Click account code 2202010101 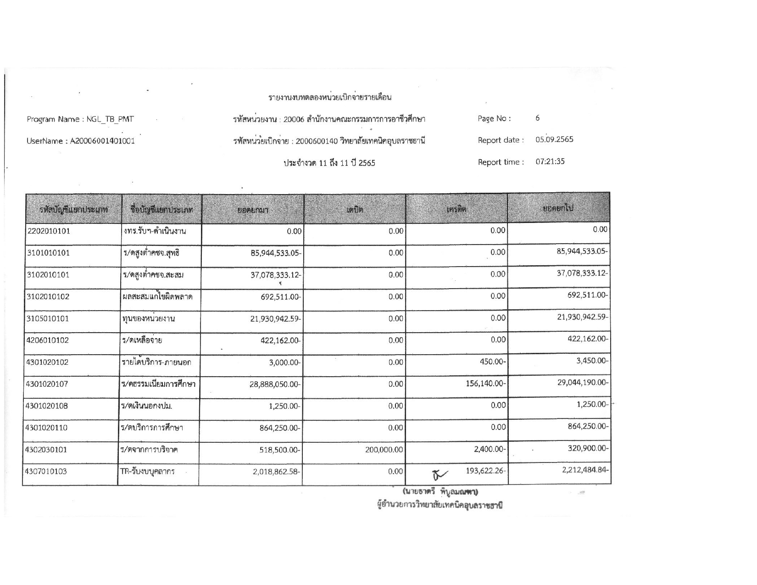[48, 231]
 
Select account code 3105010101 [48, 319]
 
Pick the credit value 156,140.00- [485, 383]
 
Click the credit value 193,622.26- [485, 471]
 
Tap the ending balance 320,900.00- [588, 448]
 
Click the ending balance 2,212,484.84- [585, 470]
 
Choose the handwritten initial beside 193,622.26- [438, 473]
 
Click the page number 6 [537, 118]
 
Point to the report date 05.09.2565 [554, 139]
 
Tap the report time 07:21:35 [550, 162]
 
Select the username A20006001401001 [101, 141]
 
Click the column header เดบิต [355, 210]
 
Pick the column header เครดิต [456, 210]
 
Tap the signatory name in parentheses [440, 492]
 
